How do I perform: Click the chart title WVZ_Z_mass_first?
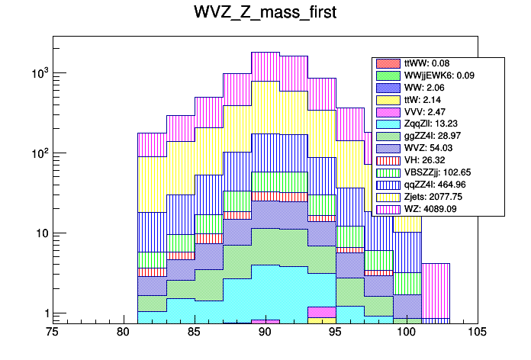265,14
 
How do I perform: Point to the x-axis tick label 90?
265,332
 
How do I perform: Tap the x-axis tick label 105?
478,332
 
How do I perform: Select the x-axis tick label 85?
195,332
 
